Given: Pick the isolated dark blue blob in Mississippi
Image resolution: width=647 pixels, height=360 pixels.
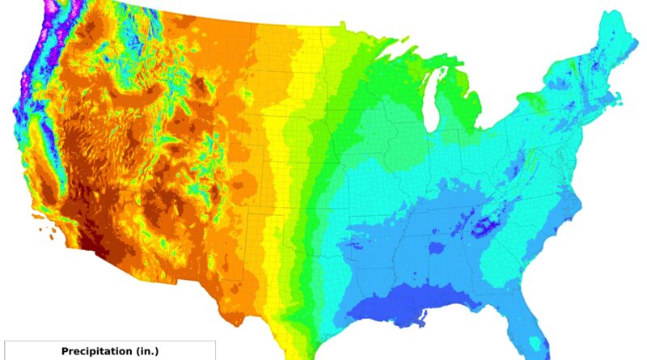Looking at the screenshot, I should pyautogui.click(x=438, y=248).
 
